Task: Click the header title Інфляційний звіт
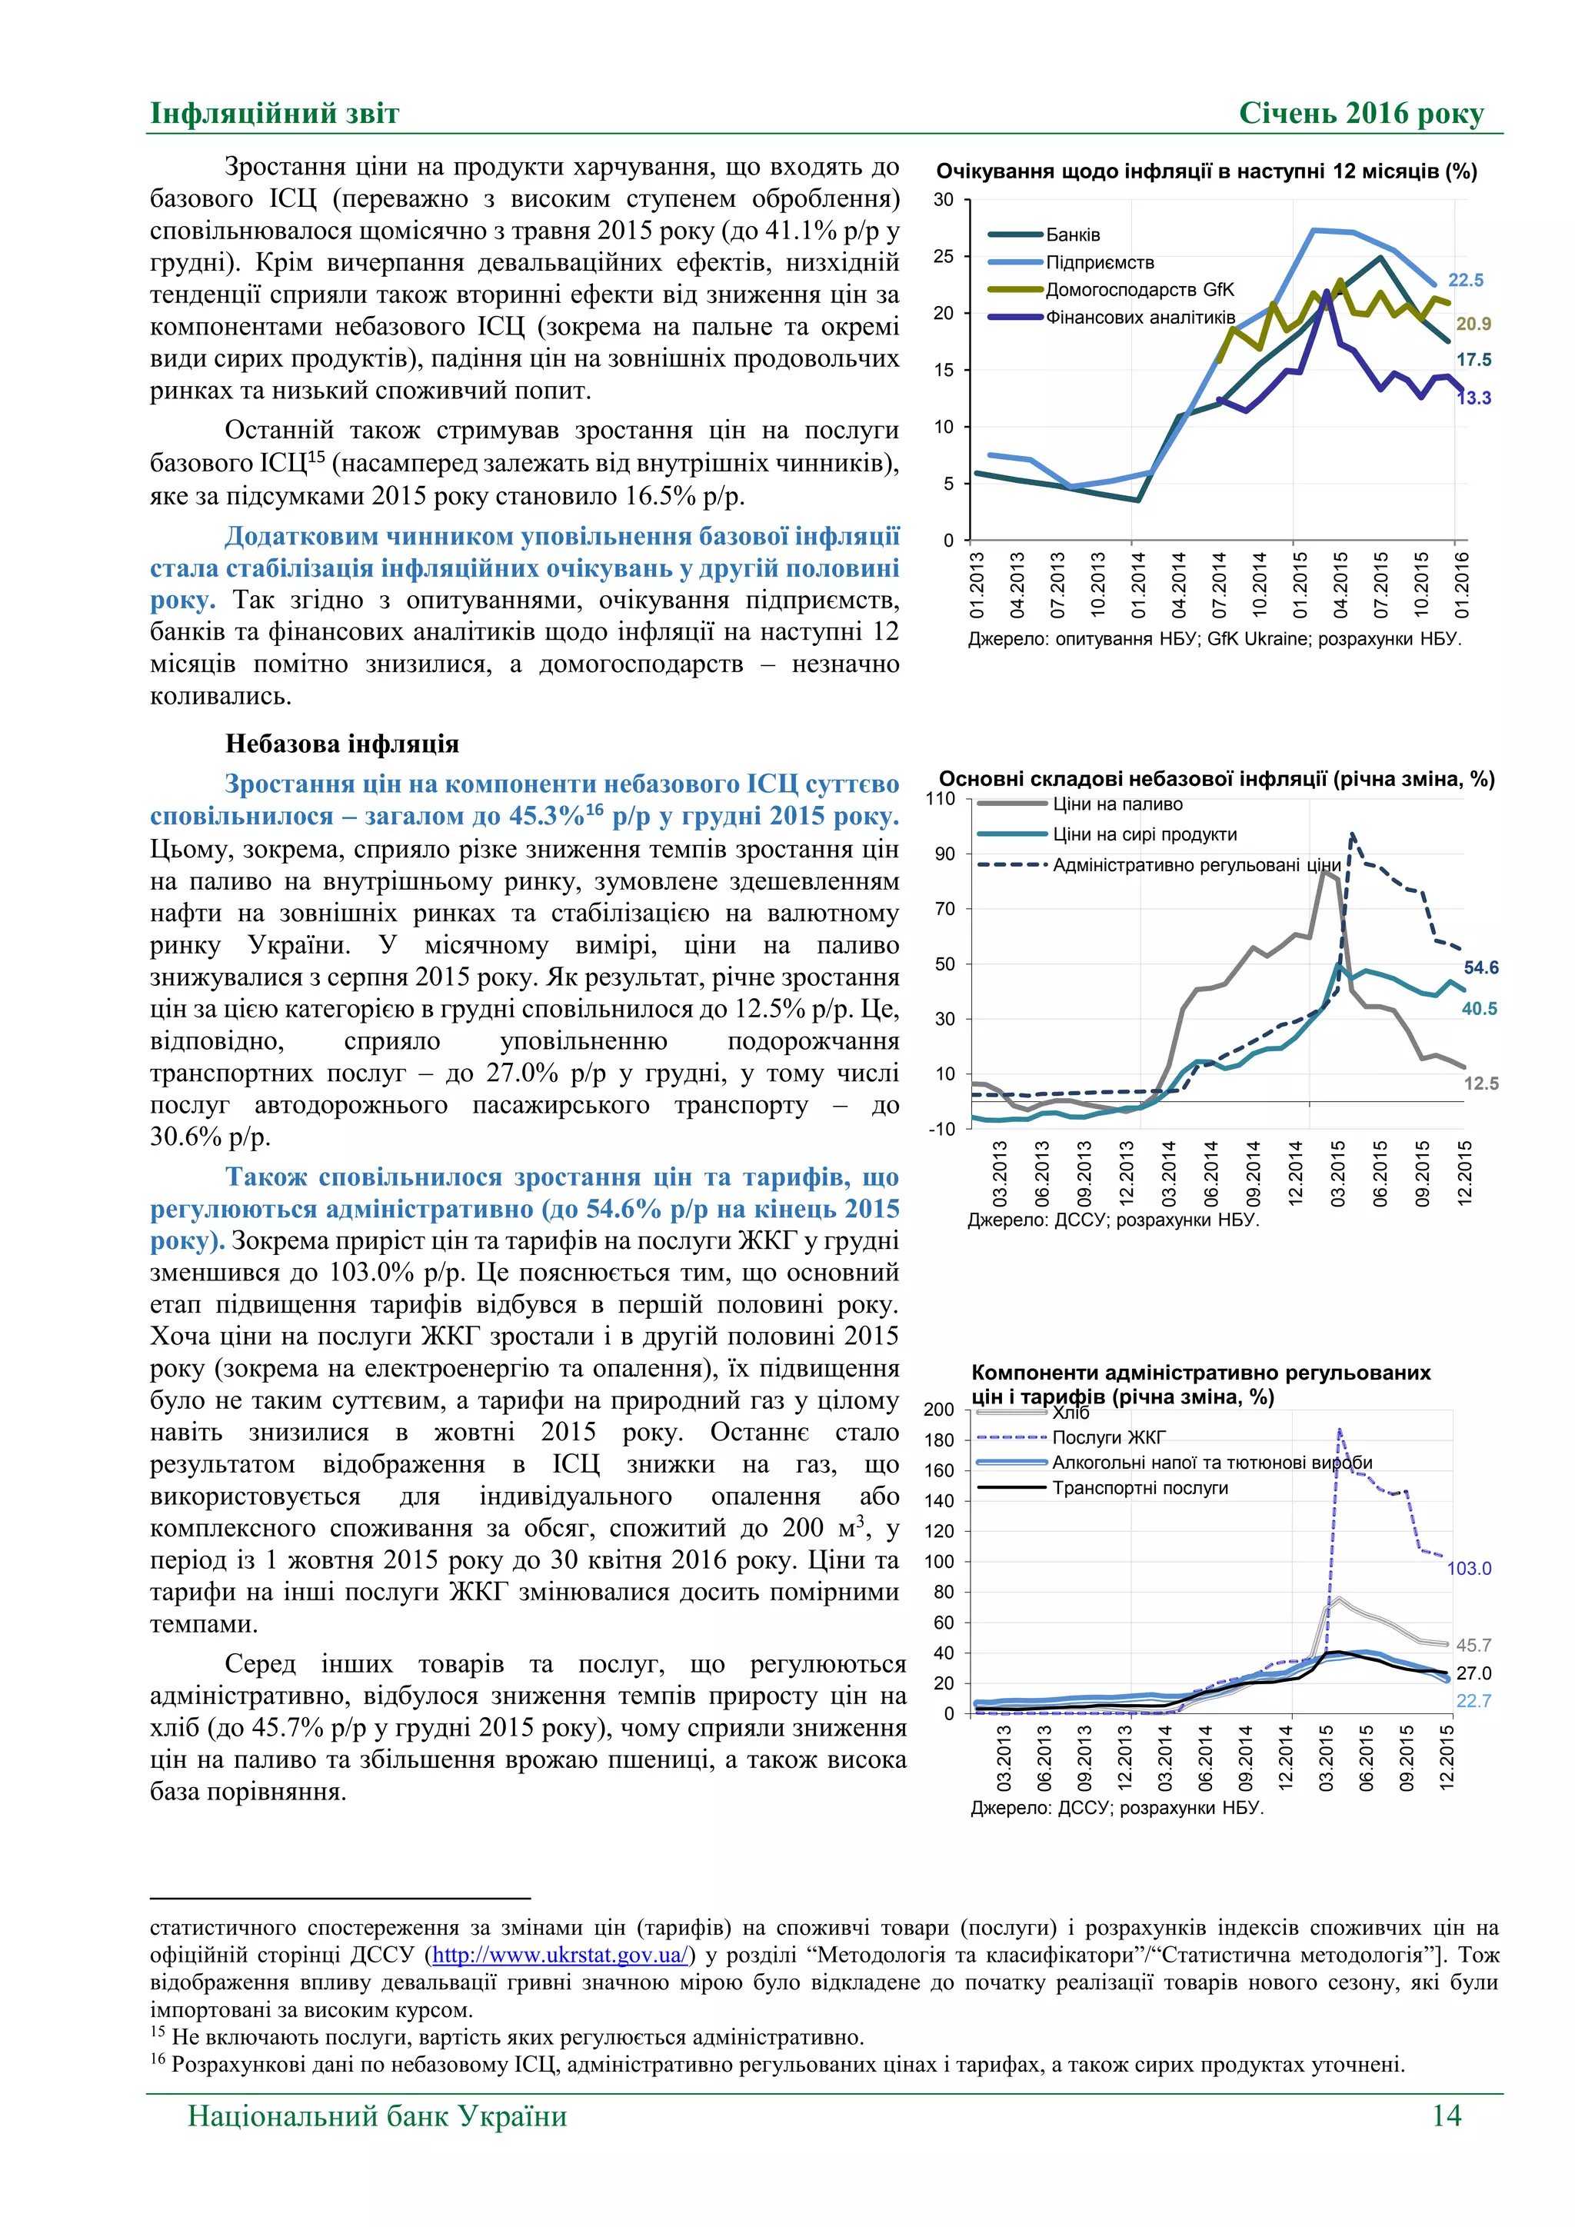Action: (275, 114)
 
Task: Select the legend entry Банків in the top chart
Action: (1073, 235)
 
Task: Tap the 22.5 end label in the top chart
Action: (1465, 281)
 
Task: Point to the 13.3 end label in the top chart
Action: (1474, 398)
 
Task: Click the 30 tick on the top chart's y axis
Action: (944, 200)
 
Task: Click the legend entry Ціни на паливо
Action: (1117, 804)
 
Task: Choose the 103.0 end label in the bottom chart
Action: (1470, 1569)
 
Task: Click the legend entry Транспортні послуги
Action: (1140, 1488)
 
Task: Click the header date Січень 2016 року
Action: (1360, 114)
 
